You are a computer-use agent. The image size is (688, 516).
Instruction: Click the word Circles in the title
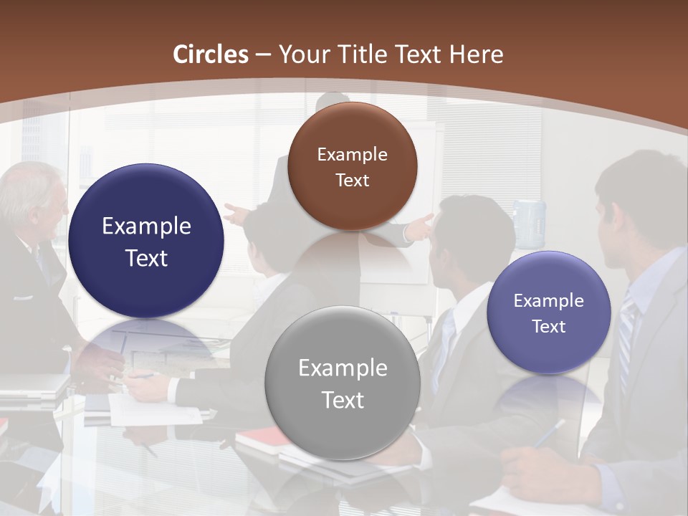(x=211, y=54)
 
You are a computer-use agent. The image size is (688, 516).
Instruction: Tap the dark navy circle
(x=146, y=242)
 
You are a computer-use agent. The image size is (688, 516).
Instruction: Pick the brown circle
(x=352, y=166)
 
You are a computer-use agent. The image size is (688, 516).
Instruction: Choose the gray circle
(x=342, y=383)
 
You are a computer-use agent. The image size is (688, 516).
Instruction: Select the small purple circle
(x=548, y=312)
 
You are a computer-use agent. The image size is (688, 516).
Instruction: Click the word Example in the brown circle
(x=352, y=154)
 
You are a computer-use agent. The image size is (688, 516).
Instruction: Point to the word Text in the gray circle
(x=343, y=400)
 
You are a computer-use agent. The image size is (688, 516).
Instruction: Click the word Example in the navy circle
(x=146, y=226)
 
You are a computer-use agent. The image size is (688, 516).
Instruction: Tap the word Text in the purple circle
(x=549, y=327)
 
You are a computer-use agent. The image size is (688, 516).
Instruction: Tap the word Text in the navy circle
(x=146, y=258)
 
